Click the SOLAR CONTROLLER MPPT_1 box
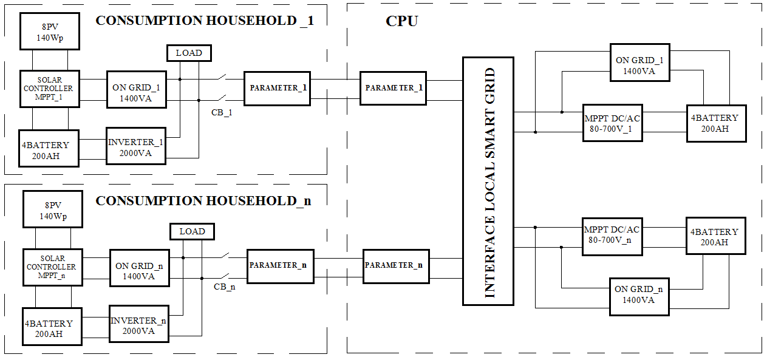50,89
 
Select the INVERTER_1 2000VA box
137,146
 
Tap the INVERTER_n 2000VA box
139,325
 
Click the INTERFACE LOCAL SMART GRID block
488,181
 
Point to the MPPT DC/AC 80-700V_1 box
612,124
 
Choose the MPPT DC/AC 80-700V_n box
612,235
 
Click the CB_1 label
222,112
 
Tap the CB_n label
225,287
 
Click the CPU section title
402,22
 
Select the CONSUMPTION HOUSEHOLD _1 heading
205,21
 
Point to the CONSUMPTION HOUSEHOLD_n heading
203,201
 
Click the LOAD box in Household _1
189,53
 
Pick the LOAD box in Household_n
192,231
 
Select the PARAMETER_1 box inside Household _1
277,88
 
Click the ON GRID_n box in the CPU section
639,296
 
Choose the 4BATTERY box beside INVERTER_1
48,149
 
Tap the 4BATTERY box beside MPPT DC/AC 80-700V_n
715,237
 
